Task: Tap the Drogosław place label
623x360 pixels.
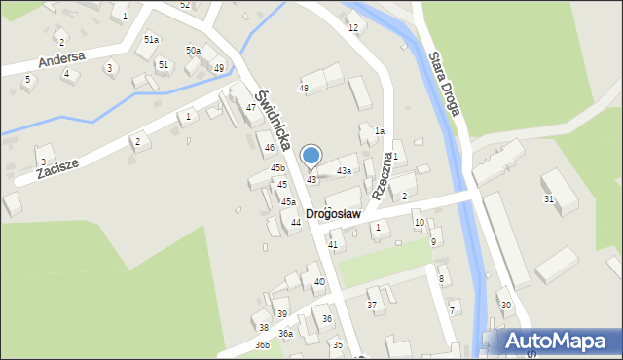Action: tap(333, 213)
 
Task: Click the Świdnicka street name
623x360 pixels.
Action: tap(275, 120)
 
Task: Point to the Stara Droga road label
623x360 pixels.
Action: tap(443, 84)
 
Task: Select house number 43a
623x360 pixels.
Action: tap(344, 171)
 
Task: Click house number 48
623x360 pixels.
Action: tap(304, 89)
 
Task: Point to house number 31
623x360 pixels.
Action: tap(549, 198)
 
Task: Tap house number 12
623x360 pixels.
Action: tap(352, 27)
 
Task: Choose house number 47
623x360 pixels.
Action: tap(251, 107)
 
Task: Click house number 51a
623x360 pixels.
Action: tap(151, 40)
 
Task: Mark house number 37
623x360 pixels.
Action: tap(371, 306)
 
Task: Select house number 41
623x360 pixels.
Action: tap(333, 245)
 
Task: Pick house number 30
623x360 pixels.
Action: tap(505, 306)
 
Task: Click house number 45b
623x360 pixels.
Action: tap(277, 168)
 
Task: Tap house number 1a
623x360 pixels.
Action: tap(380, 131)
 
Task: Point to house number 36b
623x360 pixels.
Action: tap(262, 344)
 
